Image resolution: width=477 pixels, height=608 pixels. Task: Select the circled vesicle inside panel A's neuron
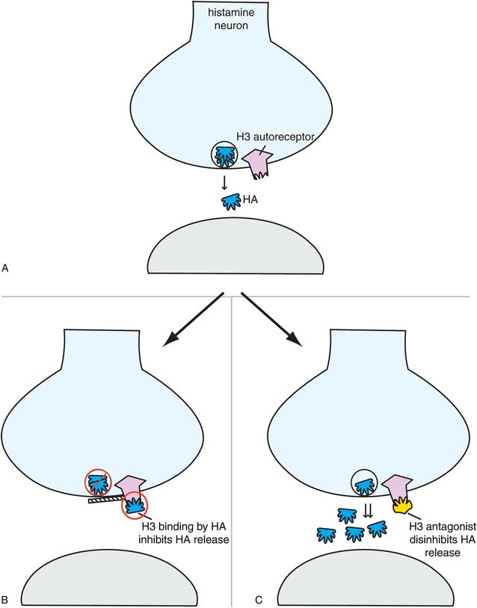tap(224, 156)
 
